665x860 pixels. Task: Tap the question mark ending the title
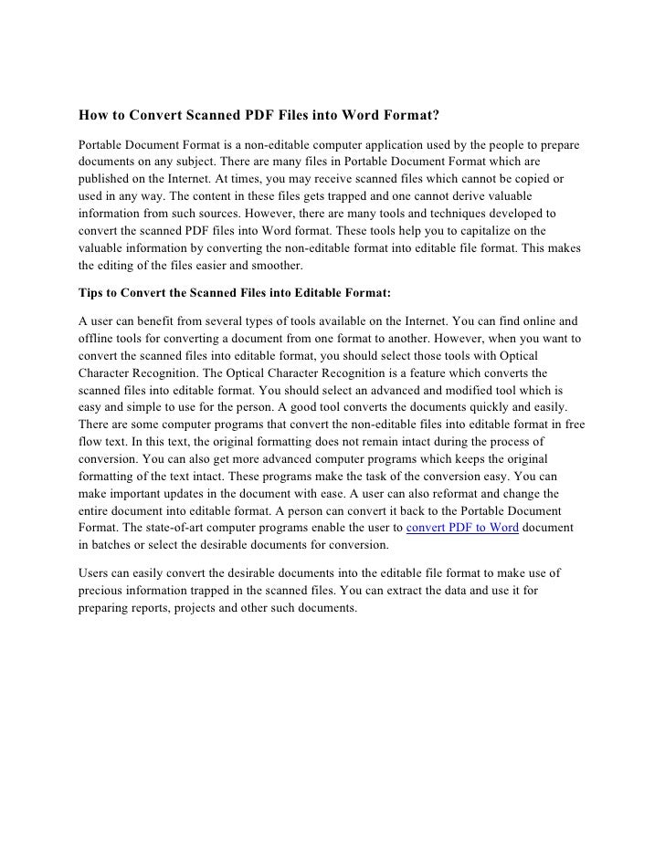437,116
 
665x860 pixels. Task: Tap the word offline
93,338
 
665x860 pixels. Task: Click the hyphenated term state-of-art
162,528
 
